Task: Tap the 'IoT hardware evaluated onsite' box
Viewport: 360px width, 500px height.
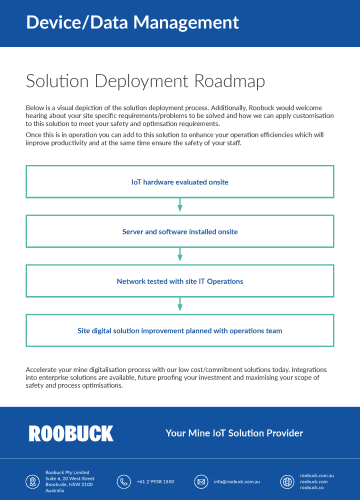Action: tap(180, 182)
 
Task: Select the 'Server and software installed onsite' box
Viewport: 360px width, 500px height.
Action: tap(180, 230)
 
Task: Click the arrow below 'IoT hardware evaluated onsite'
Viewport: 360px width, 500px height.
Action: tap(180, 206)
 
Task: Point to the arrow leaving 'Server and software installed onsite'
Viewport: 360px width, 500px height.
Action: tap(180, 254)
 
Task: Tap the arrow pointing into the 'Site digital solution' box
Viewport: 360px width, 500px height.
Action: tap(180, 303)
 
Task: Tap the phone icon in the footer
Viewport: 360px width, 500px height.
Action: tap(125, 480)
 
